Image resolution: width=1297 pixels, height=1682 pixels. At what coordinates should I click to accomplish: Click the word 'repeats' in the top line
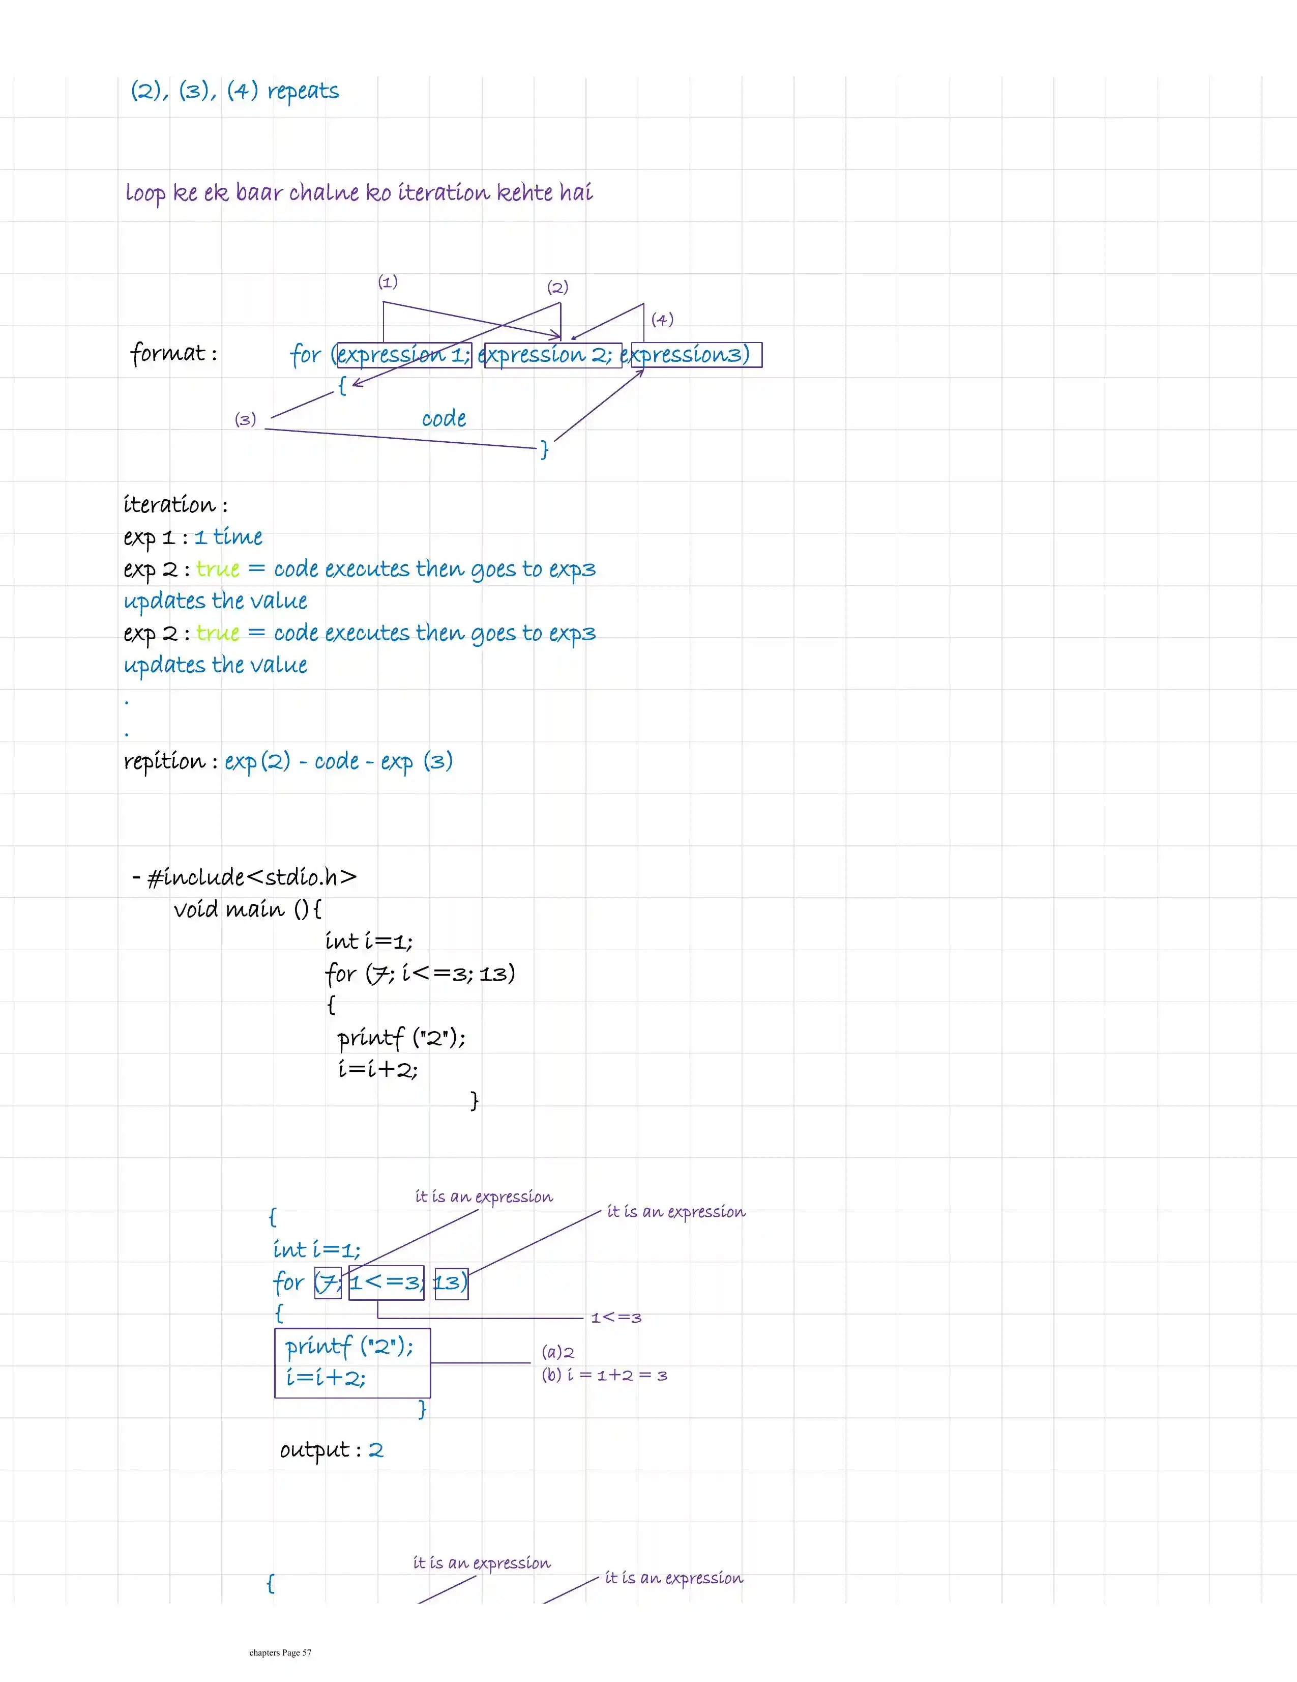303,92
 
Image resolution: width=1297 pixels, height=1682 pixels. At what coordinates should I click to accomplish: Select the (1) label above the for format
387,282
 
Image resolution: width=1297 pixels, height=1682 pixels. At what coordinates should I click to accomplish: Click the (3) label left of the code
245,420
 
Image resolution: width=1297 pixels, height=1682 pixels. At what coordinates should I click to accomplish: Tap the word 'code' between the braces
444,419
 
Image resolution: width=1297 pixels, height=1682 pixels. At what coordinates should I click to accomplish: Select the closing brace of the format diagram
544,449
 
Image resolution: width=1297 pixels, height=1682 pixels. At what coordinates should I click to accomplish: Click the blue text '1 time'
228,537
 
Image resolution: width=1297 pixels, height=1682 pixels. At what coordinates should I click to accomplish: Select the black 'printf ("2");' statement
401,1038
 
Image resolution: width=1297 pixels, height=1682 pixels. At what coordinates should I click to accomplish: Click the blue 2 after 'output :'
376,1450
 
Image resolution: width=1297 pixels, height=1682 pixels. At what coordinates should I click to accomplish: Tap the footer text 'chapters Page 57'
280,1652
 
